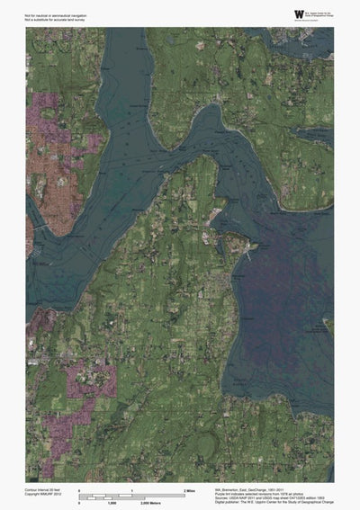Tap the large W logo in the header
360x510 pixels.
pyautogui.click(x=273, y=13)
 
